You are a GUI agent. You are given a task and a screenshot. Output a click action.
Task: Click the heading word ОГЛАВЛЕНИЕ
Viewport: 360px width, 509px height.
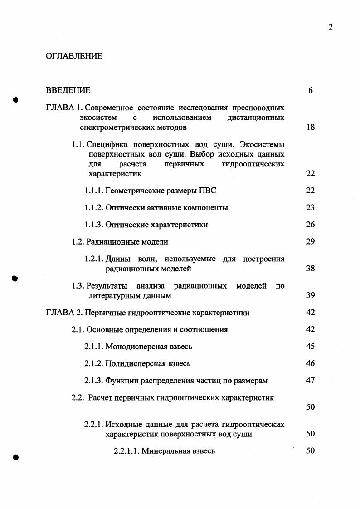[x=74, y=56]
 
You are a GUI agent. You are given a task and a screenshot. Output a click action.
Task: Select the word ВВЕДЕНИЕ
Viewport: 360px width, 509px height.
[x=68, y=90]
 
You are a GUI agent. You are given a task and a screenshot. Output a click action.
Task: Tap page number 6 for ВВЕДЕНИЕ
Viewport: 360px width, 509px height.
[x=311, y=90]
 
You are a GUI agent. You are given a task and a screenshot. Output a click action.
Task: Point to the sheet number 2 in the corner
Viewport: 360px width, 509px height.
[x=331, y=27]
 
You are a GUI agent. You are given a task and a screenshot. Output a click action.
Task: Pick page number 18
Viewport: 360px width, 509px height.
[x=311, y=127]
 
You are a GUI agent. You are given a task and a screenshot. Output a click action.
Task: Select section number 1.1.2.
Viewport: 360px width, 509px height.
[x=94, y=208]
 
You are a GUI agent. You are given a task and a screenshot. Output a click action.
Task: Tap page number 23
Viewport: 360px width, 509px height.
[x=311, y=208]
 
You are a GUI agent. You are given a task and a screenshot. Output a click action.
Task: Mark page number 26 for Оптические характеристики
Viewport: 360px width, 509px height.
[x=311, y=225]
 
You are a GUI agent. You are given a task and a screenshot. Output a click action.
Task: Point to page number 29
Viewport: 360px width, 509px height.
[x=311, y=242]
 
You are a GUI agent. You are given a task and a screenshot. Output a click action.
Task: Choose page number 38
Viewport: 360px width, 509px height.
[x=311, y=269]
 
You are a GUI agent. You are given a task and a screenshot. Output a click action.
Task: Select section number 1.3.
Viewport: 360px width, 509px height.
[x=78, y=286]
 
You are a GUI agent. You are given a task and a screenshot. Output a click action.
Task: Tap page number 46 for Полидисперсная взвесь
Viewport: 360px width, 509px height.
[x=311, y=363]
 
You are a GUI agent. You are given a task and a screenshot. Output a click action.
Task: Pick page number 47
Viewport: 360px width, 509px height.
[x=311, y=381]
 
